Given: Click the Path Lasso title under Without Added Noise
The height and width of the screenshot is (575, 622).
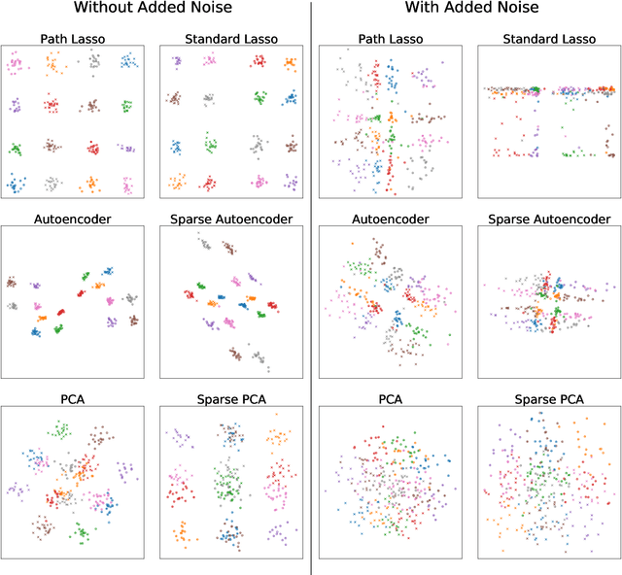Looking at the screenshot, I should point(73,39).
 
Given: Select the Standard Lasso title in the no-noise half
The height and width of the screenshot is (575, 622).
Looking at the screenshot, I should point(231,39).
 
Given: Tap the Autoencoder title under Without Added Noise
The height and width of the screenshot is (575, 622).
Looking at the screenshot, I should point(73,219).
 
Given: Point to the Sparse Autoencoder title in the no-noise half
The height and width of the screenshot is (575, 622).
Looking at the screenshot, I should point(231,219).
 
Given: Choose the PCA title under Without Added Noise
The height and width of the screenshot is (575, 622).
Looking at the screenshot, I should point(73,398).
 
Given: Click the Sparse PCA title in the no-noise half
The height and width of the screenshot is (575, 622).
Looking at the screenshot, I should point(231,398).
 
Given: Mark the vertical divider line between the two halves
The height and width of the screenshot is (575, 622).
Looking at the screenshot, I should point(311,291).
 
